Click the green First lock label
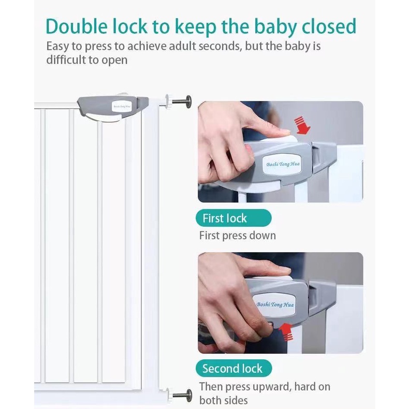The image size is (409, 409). click(225, 218)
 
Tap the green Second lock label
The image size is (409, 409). click(232, 369)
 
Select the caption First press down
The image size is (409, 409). click(238, 236)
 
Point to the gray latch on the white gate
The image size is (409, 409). click(114, 108)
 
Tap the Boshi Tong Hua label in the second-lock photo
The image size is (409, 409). click(275, 304)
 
